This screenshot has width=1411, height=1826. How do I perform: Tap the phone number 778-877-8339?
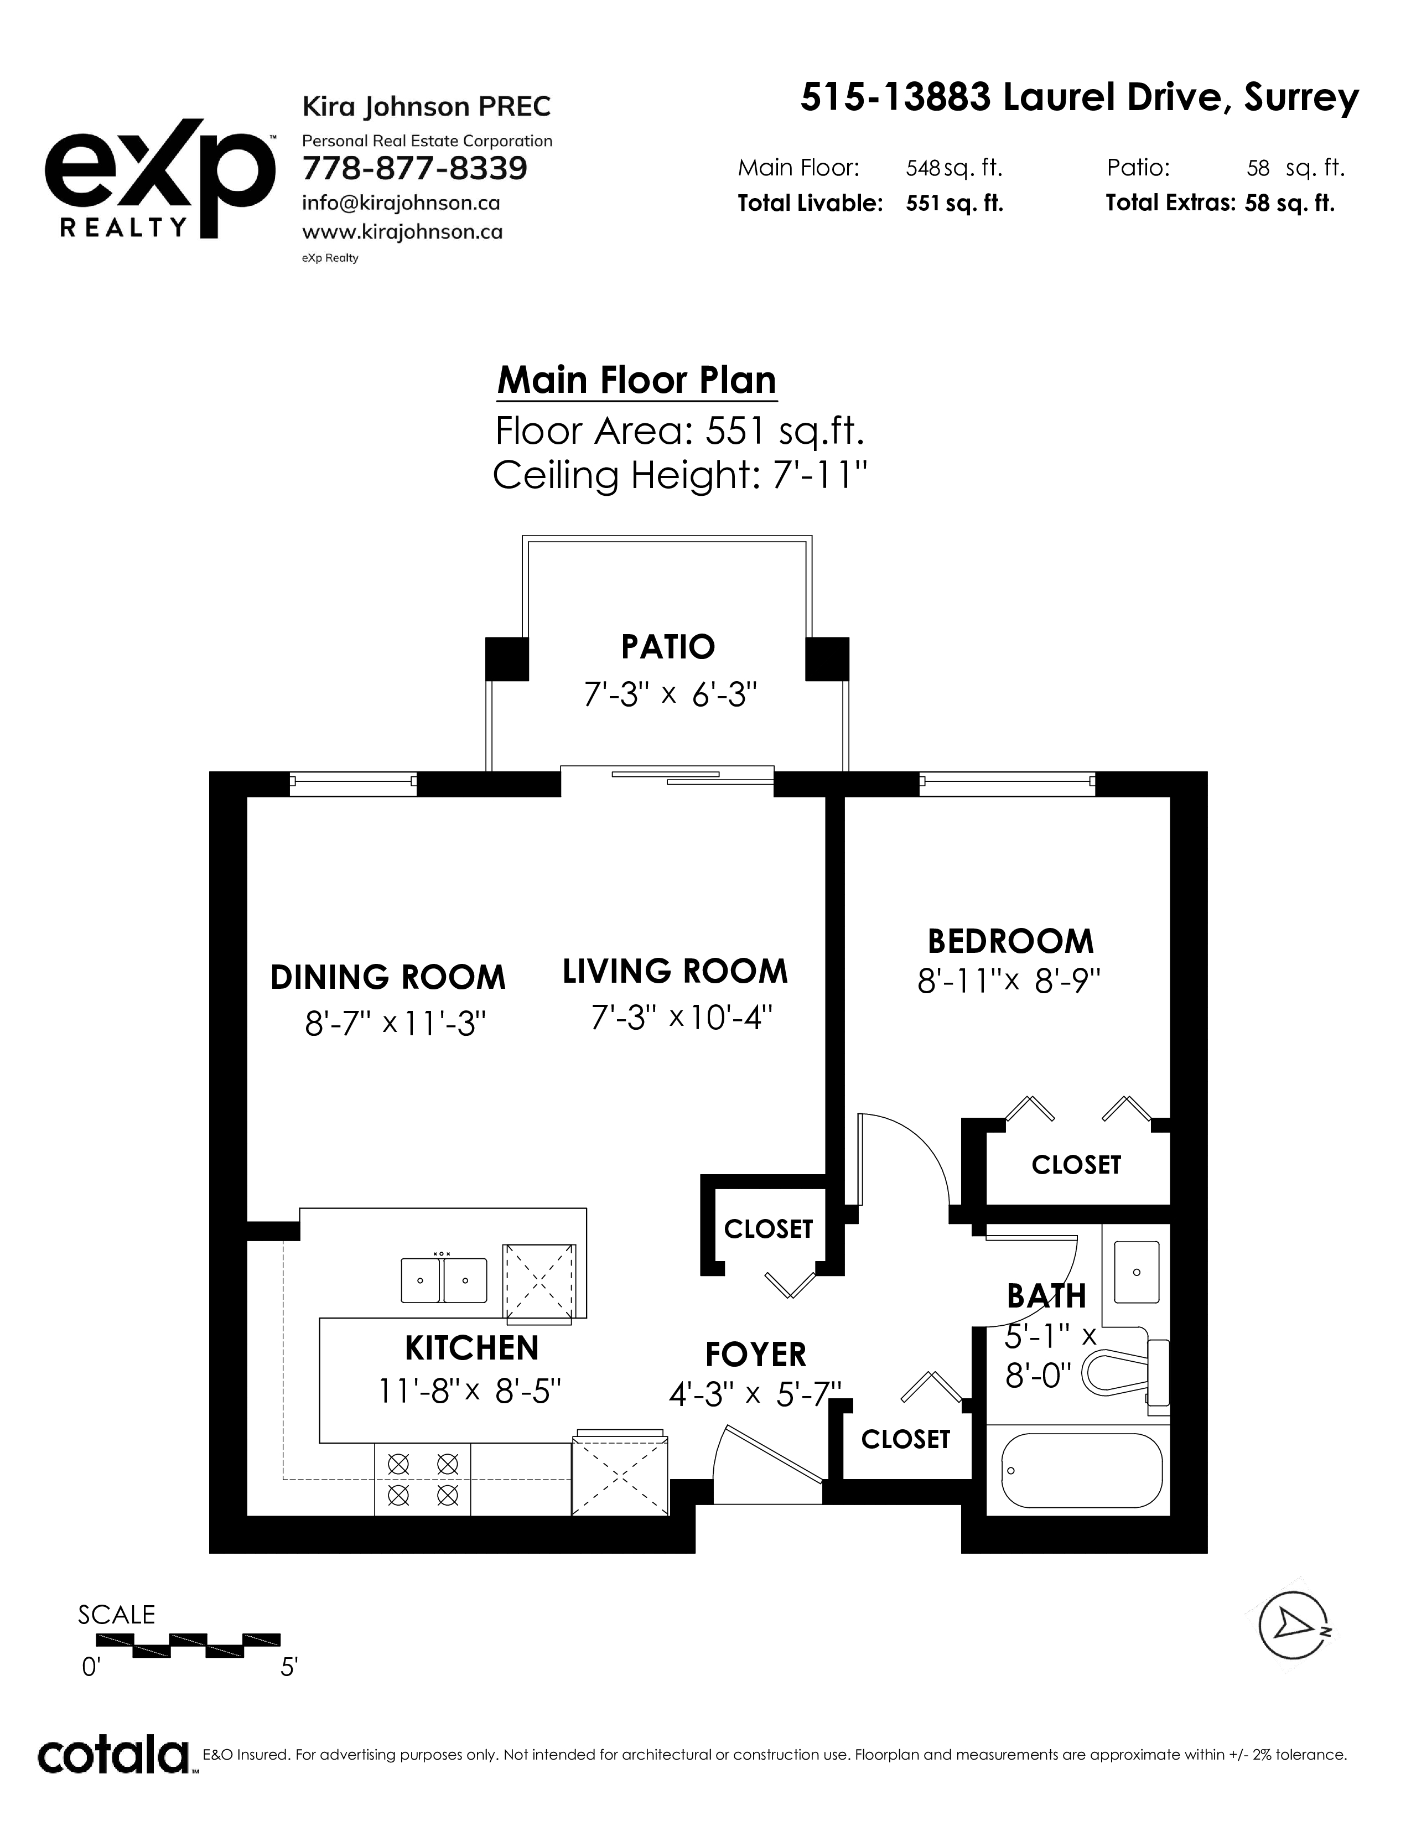coord(414,169)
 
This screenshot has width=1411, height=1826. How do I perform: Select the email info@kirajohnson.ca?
coord(401,203)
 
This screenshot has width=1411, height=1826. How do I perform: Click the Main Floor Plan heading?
coord(637,381)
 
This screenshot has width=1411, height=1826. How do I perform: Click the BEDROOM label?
coord(1010,941)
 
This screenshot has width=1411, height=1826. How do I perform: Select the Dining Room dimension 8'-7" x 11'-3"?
coord(396,1023)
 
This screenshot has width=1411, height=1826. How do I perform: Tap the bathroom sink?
coord(1136,1272)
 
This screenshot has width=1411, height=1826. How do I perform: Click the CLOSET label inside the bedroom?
coord(1076,1165)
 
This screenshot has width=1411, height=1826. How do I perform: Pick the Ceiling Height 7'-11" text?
coord(679,476)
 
